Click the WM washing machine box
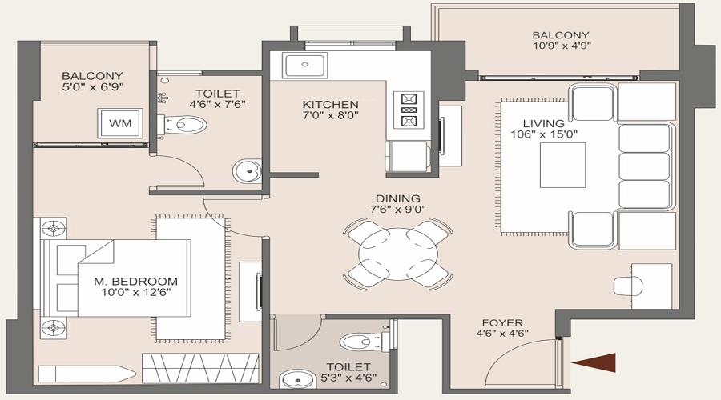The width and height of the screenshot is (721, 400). (x=119, y=124)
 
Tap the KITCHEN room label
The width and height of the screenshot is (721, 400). (x=330, y=105)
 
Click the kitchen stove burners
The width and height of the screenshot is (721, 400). (x=409, y=110)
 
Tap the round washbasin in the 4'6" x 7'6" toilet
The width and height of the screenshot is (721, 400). (x=247, y=171)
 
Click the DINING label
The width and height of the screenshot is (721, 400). (x=398, y=199)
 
